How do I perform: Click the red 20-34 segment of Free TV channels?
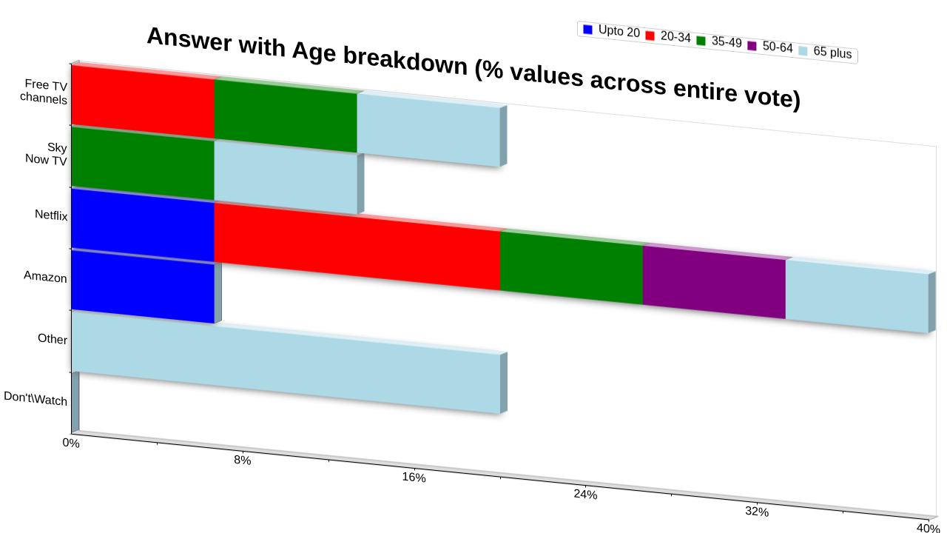pos(143,102)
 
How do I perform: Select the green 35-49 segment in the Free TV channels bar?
pos(286,116)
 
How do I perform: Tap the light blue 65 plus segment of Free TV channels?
pos(428,130)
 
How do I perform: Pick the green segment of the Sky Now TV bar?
pos(143,164)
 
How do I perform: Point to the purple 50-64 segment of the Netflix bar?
pos(715,282)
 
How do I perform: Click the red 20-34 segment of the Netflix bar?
pos(357,247)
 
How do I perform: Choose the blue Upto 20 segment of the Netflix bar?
pos(143,226)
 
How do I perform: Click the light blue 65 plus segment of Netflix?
pos(857,296)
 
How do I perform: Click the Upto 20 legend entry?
pos(611,31)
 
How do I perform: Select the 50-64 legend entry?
pos(770,47)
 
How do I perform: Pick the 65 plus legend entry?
pos(825,52)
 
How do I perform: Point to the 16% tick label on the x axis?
pos(414,477)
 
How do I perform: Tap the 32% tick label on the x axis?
pos(757,512)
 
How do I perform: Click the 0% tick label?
pos(71,443)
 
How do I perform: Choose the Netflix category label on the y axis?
pos(51,215)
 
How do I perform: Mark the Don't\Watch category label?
pos(36,398)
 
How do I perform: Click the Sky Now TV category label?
pos(46,153)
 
